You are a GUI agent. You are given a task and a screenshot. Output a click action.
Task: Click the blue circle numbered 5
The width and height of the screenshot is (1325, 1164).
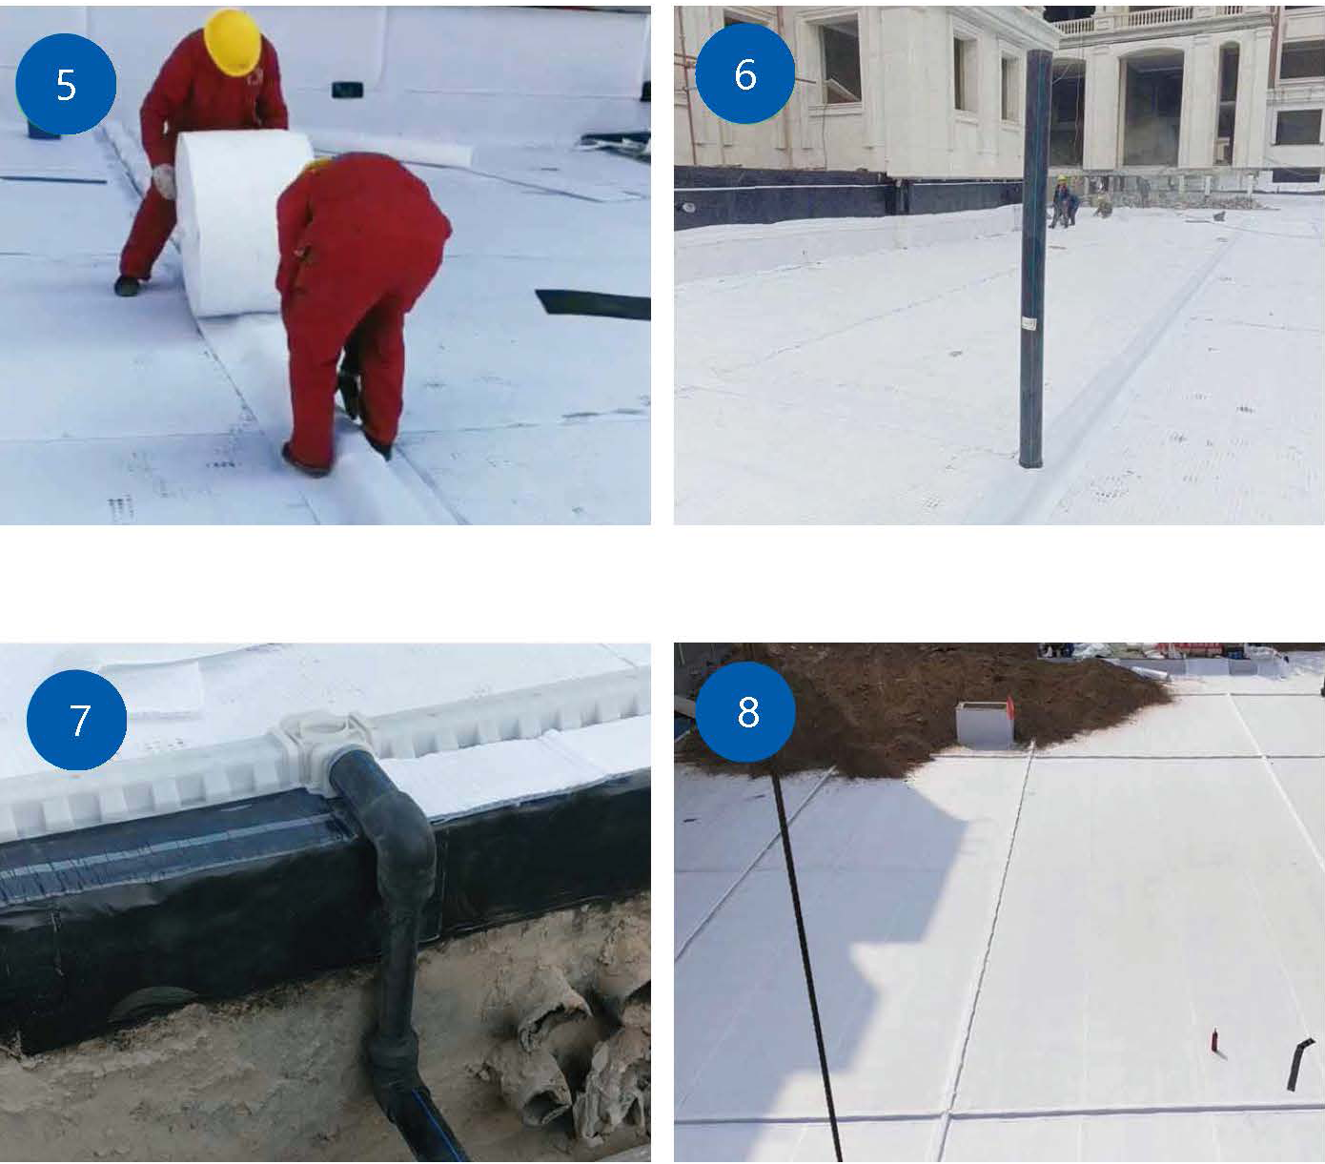point(66,84)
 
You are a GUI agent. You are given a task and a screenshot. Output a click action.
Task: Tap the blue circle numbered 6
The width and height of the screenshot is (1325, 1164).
point(744,73)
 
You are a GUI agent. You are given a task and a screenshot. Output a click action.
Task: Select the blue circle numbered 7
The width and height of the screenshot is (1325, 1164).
point(76,720)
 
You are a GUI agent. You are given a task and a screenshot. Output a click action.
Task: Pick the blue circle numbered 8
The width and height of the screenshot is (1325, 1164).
point(745,711)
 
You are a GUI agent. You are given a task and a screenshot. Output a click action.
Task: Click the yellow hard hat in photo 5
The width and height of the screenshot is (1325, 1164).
point(233,41)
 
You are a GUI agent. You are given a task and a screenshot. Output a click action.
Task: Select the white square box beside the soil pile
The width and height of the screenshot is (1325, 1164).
point(984,724)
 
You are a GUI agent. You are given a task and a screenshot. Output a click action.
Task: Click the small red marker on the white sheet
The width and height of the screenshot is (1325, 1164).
point(1214,1040)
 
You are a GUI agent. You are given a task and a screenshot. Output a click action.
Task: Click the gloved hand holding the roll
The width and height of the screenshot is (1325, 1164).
point(165,180)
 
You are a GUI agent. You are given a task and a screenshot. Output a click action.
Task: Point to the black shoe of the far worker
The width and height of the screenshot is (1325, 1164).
point(127,286)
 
